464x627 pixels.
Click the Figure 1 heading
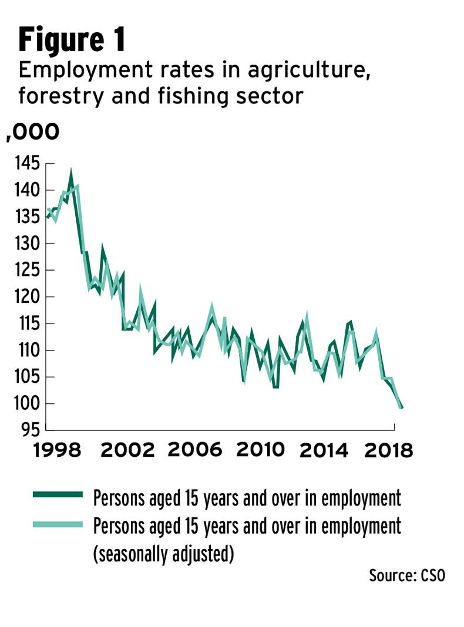[x=72, y=41]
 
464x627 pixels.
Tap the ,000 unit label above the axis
[x=33, y=132]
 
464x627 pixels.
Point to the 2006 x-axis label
[x=195, y=451]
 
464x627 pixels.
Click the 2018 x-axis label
[x=388, y=451]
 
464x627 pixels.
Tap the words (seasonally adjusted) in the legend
[x=163, y=554]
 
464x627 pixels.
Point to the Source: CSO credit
[x=406, y=575]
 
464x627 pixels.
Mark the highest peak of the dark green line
[x=71, y=174]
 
